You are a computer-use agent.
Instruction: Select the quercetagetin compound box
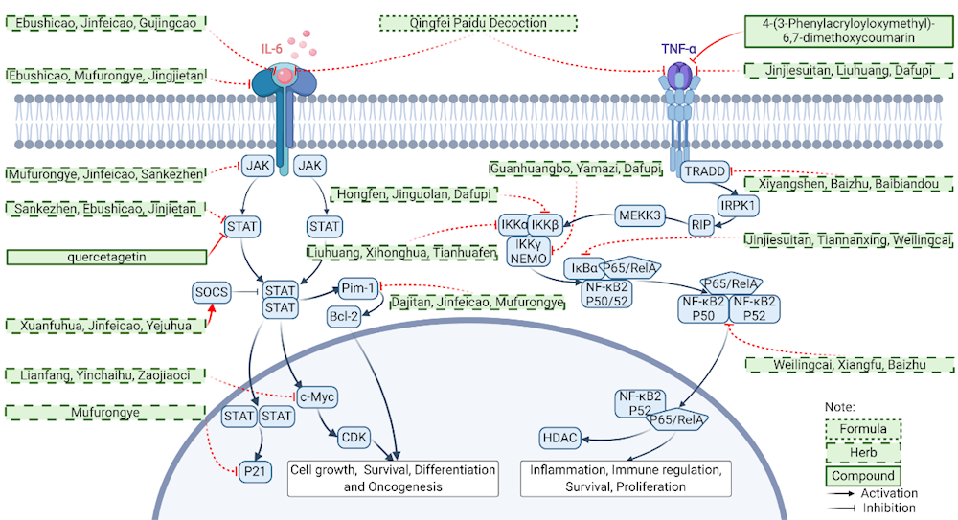(107, 256)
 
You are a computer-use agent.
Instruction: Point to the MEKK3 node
(641, 215)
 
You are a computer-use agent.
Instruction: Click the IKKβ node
(544, 225)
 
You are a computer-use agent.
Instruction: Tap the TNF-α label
(679, 46)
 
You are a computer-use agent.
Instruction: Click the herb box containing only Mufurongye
(107, 413)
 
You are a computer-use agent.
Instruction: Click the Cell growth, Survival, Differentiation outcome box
(393, 478)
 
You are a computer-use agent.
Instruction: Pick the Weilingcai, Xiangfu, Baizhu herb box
(849, 364)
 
